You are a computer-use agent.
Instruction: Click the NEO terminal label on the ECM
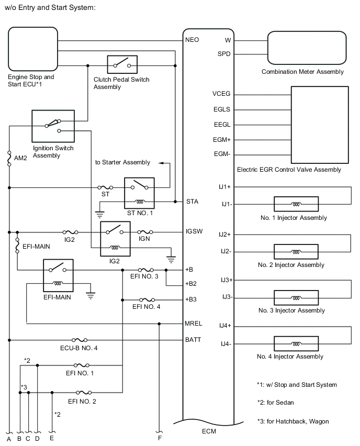[192, 40]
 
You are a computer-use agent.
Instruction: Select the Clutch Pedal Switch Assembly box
[122, 65]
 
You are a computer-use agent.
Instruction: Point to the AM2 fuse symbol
[9, 159]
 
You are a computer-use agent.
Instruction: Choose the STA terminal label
[192, 201]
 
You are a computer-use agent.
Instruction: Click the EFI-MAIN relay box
[58, 275]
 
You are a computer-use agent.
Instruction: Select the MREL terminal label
[194, 323]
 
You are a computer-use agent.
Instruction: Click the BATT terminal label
[193, 340]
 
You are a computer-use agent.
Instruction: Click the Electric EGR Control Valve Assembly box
[319, 125]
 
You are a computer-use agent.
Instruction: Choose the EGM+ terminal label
[222, 140]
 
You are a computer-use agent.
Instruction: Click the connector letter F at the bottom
[159, 438]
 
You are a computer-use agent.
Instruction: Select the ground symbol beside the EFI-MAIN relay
[91, 295]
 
